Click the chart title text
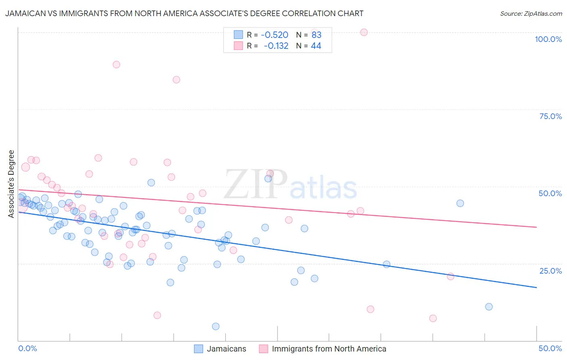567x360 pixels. [x=184, y=13]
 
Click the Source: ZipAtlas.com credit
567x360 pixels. [x=531, y=13]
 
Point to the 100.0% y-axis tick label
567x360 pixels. [x=548, y=39]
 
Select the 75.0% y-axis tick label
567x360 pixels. [x=550, y=116]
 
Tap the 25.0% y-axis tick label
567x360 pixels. [x=550, y=271]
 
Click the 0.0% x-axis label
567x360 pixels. [x=27, y=348]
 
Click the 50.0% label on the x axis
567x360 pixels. [x=550, y=348]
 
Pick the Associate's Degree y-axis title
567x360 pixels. [x=11, y=184]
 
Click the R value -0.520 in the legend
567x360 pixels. [x=274, y=35]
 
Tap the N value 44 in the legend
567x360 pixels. [x=316, y=46]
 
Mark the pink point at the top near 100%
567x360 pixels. [x=364, y=32]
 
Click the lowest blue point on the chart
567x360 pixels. [x=216, y=327]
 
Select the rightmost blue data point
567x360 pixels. [x=489, y=307]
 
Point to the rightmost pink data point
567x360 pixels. [x=450, y=276]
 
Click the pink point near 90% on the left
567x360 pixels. [x=117, y=65]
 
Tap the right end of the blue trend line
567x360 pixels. [x=536, y=287]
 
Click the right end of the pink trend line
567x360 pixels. [x=536, y=227]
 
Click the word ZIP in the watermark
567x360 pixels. [x=256, y=185]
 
